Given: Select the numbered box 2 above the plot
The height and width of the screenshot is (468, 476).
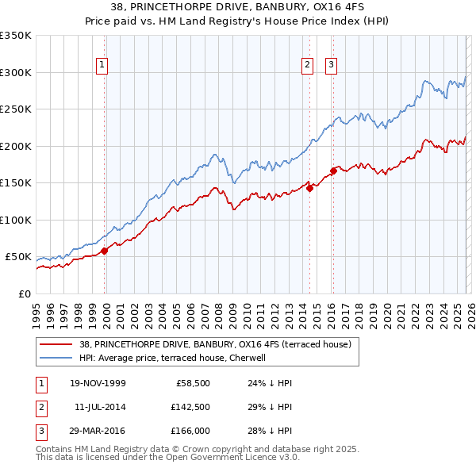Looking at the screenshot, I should pos(308,66).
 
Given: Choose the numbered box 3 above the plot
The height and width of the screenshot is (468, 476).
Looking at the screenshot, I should pos(331,66).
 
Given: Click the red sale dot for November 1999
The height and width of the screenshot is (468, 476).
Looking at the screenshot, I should pos(105,251).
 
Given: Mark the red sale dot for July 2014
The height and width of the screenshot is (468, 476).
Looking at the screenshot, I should pos(309,188).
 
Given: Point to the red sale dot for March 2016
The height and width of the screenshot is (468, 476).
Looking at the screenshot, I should pos(333,171).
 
